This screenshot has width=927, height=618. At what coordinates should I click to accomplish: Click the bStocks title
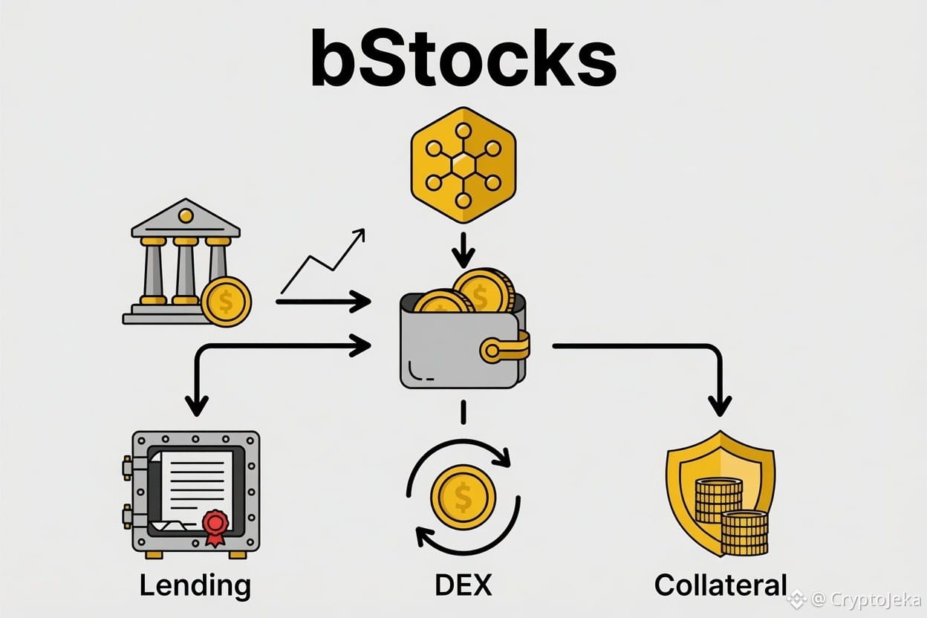[x=463, y=57]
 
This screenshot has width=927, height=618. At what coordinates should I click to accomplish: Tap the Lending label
[x=195, y=586]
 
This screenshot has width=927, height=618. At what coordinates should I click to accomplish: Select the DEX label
[x=463, y=585]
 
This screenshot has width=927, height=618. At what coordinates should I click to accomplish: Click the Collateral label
[x=721, y=585]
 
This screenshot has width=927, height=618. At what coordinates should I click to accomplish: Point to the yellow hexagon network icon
[x=463, y=165]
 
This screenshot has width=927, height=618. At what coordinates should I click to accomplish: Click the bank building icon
[x=182, y=261]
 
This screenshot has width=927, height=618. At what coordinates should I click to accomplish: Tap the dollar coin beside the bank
[x=227, y=302]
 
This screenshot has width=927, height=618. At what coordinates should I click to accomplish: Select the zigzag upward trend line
[x=323, y=261]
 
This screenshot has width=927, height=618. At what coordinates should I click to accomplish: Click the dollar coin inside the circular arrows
[x=463, y=497]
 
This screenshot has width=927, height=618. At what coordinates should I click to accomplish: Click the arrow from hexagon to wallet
[x=463, y=250]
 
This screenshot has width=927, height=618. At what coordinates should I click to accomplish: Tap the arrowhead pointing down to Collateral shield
[x=720, y=406]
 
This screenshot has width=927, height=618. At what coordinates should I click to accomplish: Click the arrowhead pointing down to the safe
[x=197, y=406]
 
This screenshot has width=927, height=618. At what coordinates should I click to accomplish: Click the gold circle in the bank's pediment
[x=186, y=215]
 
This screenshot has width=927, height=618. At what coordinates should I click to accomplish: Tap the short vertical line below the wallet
[x=463, y=412]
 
